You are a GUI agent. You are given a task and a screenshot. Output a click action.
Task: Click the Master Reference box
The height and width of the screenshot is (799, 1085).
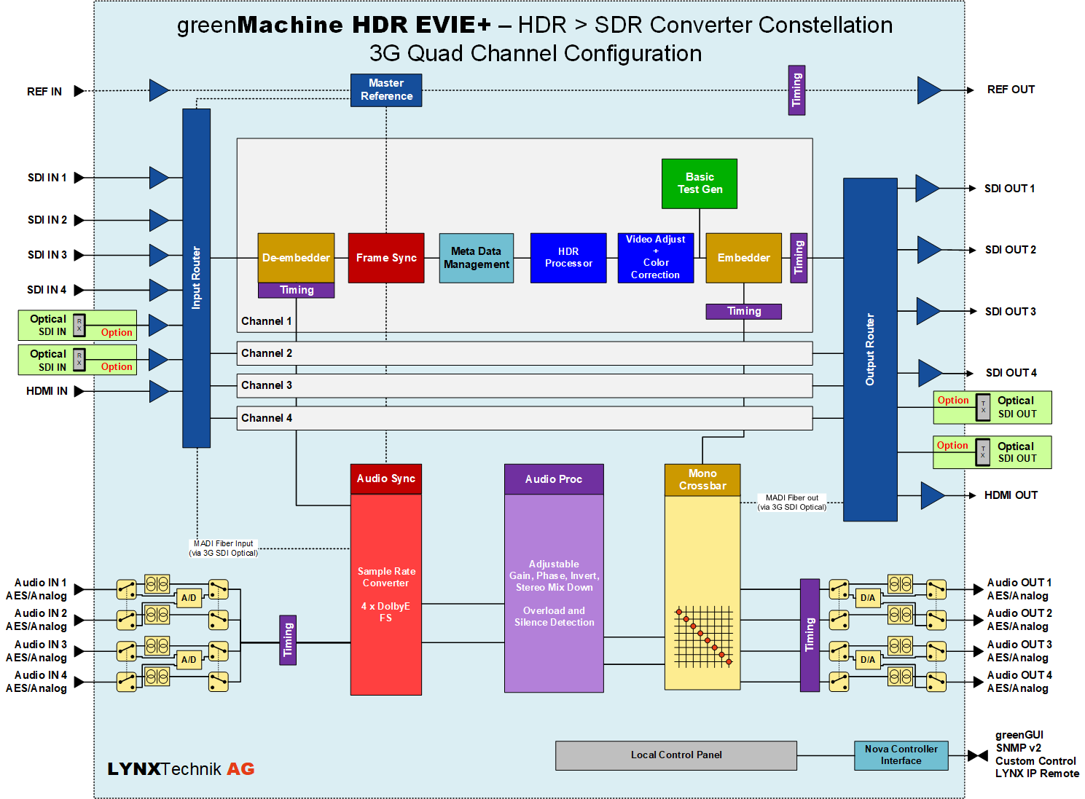pyautogui.click(x=386, y=90)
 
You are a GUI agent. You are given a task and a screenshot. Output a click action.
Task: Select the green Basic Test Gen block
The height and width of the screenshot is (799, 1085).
pyautogui.click(x=700, y=184)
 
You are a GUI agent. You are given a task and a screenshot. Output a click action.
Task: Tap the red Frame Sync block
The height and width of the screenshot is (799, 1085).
pyautogui.click(x=386, y=258)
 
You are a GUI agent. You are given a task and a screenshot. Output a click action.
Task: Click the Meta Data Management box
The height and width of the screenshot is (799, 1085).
pyautogui.click(x=476, y=258)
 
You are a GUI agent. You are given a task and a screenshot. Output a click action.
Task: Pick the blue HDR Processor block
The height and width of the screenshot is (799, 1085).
pyautogui.click(x=568, y=258)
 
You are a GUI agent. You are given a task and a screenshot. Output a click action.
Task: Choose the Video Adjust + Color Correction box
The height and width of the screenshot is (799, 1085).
pyautogui.click(x=655, y=258)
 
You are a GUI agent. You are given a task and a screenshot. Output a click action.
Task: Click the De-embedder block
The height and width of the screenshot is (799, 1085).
pyautogui.click(x=296, y=258)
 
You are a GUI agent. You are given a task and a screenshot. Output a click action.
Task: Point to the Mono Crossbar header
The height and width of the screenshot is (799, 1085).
pyautogui.click(x=702, y=480)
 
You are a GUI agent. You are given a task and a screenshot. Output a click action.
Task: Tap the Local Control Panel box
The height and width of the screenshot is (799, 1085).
pyautogui.click(x=675, y=755)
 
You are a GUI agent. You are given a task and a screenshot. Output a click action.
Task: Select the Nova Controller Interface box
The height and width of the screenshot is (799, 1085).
pyautogui.click(x=901, y=755)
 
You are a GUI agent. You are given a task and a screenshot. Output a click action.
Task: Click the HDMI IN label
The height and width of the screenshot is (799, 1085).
pyautogui.click(x=47, y=391)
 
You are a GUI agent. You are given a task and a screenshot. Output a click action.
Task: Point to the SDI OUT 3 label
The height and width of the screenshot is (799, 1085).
pyautogui.click(x=1011, y=311)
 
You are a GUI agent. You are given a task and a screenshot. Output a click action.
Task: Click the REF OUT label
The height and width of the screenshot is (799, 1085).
pyautogui.click(x=1011, y=90)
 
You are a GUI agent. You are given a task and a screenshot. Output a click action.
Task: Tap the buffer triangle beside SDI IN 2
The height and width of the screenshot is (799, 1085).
pyautogui.click(x=159, y=221)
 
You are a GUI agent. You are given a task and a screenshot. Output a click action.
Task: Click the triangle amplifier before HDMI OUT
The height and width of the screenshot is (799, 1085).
pyautogui.click(x=933, y=495)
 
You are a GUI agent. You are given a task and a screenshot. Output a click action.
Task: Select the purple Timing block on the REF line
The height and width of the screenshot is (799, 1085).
pyautogui.click(x=796, y=90)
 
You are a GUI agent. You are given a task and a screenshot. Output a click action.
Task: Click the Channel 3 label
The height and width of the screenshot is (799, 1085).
pyautogui.click(x=267, y=385)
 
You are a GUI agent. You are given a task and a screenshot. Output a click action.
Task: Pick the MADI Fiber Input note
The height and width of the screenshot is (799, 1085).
pyautogui.click(x=223, y=548)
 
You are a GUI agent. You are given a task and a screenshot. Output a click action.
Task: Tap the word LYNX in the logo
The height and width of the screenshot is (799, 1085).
pyautogui.click(x=133, y=769)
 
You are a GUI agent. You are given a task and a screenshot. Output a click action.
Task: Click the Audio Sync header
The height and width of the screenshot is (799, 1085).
pyautogui.click(x=386, y=479)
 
